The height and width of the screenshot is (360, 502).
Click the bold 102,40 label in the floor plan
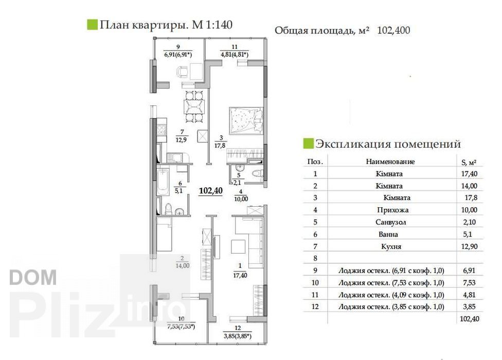pos(211,191)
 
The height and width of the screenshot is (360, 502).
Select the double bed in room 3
pos(246,120)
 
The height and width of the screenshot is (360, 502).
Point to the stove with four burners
pos(162,130)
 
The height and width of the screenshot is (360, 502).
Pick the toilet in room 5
pos(257,174)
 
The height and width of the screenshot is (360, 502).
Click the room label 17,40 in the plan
pos(240,275)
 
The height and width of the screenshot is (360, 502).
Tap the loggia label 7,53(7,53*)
pos(181,327)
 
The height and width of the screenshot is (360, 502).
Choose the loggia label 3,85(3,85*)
pos(238,336)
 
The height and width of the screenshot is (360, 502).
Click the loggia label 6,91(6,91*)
pos(178,55)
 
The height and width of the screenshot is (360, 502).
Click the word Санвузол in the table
pos(391,222)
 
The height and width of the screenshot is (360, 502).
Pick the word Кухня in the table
pos(391,247)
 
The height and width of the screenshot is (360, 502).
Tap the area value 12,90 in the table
pos(470,246)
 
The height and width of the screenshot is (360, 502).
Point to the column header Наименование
pos(390,161)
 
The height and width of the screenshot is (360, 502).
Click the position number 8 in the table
pos(315,258)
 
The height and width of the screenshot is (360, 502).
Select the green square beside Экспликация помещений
pos(308,143)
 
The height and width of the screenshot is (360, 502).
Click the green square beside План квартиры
pos(92,25)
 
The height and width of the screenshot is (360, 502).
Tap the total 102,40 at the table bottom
pos(470,319)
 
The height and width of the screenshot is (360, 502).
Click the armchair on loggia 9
pos(183,71)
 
